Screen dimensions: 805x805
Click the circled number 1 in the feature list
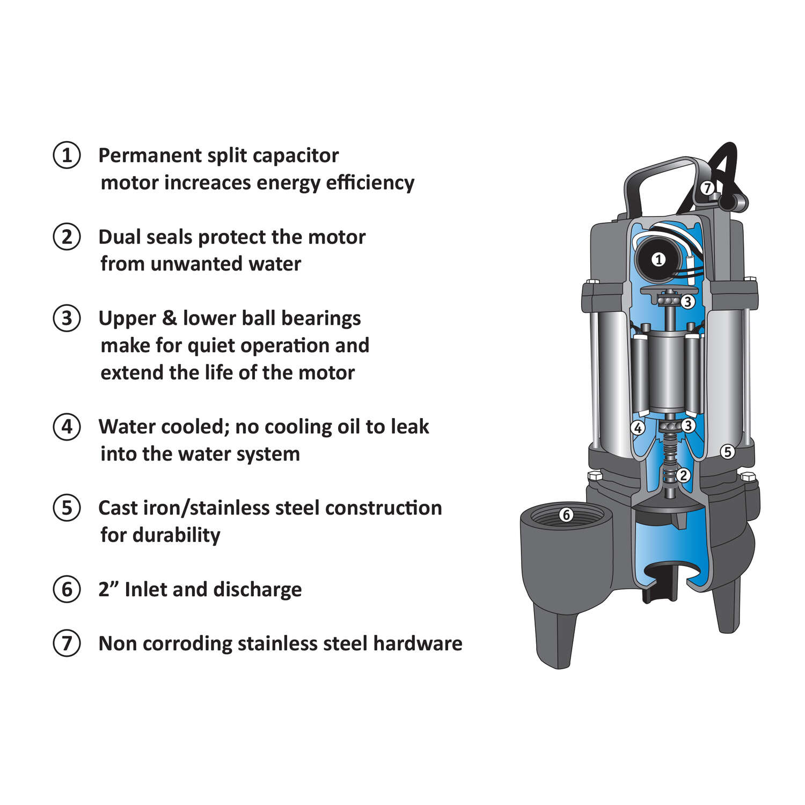tap(67, 156)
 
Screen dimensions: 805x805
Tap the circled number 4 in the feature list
tap(67, 427)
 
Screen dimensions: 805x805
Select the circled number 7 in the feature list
tap(67, 643)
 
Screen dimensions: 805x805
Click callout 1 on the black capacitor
tap(658, 260)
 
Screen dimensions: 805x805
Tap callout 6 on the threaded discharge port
tap(566, 515)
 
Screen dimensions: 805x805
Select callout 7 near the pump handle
tap(707, 188)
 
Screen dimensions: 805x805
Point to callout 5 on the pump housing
tap(727, 452)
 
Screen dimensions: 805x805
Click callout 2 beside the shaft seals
tap(683, 475)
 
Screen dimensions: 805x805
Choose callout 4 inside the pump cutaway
tap(638, 428)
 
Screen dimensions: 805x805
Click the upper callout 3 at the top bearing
tap(688, 302)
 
